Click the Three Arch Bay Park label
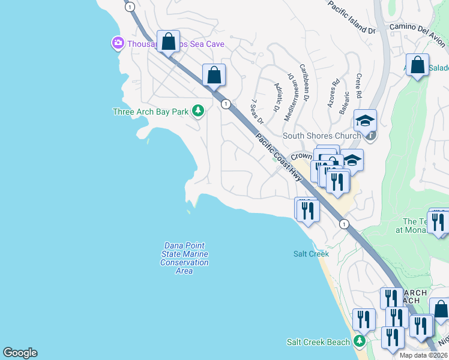[151, 112]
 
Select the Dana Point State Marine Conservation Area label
[184, 259]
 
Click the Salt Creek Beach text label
[318, 342]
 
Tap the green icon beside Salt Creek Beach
[359, 341]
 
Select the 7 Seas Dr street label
[258, 112]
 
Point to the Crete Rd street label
[358, 86]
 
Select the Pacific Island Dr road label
[352, 16]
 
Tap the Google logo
[20, 353]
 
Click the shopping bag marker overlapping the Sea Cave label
[169, 42]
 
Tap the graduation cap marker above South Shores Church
[364, 121]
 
